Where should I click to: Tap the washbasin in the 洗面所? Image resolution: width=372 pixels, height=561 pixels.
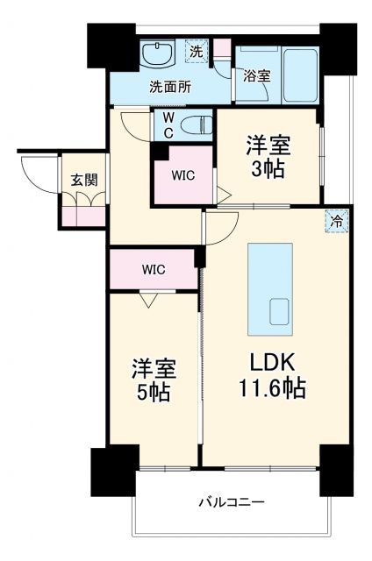pyautogui.click(x=158, y=55)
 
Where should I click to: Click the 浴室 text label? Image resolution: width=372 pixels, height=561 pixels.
pyautogui.click(x=257, y=76)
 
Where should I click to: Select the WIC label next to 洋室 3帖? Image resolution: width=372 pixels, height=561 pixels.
pyautogui.click(x=182, y=174)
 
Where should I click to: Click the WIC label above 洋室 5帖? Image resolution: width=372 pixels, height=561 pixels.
pyautogui.click(x=154, y=269)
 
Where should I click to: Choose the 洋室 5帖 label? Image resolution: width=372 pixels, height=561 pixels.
pyautogui.click(x=151, y=380)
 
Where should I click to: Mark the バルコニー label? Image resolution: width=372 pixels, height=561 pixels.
pyautogui.click(x=231, y=501)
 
